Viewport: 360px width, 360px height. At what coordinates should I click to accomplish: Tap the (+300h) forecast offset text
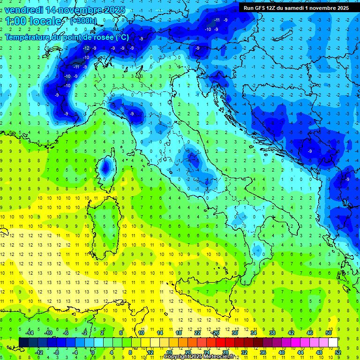pos(83,21)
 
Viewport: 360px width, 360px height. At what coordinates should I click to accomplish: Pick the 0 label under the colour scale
pos(93,352)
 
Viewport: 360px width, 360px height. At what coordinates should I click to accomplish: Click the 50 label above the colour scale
pos(329,333)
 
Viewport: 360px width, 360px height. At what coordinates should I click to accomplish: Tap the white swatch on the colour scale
pos(333,342)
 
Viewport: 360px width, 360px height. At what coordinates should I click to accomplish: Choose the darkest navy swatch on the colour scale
pos(24,342)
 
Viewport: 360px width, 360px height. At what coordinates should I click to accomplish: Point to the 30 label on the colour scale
pos(235,333)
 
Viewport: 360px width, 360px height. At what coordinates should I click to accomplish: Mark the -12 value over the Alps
pos(86,48)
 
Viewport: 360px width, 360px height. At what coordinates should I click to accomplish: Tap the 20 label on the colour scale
pos(187,352)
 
